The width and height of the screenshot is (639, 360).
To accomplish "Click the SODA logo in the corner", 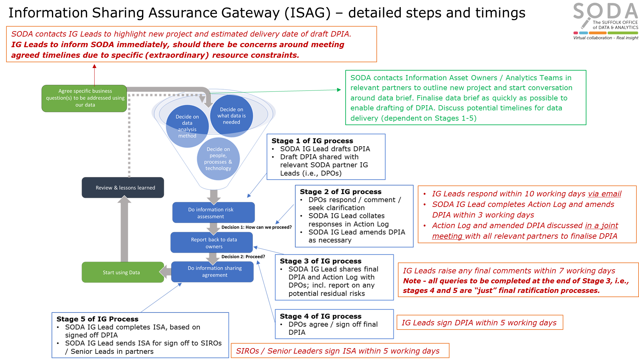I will point(605,21).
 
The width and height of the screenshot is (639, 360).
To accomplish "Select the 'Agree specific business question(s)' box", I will point(84,98).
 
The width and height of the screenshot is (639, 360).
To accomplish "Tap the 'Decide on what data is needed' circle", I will point(231,116).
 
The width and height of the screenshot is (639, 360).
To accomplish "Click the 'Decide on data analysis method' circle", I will point(187,126).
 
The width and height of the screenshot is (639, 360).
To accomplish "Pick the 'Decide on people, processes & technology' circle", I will point(218,159).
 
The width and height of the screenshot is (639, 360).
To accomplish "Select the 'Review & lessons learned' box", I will point(123,188).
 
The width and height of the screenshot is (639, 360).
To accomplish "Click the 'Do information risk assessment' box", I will point(214,213).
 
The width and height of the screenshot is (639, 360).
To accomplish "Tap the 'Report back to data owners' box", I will point(212,243).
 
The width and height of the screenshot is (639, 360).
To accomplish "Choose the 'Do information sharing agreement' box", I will point(213,272).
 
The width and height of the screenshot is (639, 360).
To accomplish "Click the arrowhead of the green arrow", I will point(339,90).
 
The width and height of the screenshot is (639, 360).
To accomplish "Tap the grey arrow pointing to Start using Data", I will point(165,272).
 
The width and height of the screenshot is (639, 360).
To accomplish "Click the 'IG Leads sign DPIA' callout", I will point(480,322).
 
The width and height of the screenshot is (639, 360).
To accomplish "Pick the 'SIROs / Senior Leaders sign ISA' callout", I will point(340,351).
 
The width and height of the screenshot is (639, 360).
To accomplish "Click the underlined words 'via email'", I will point(604,194).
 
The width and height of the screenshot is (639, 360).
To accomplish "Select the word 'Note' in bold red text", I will point(412,281).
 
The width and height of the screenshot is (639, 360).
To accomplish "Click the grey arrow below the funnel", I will point(214,196).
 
